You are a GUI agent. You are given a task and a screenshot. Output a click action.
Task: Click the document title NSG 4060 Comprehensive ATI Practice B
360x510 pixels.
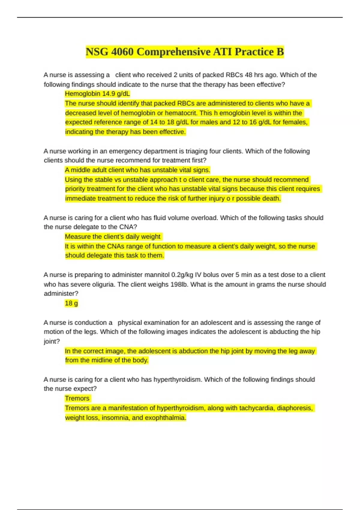184,52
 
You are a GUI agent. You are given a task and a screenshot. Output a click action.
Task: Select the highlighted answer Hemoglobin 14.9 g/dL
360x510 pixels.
97,94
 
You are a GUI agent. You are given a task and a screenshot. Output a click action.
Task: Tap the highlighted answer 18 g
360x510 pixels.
71,303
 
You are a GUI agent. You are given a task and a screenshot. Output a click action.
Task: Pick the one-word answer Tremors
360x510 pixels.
77,398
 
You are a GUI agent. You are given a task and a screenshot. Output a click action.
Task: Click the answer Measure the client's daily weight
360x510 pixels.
112,237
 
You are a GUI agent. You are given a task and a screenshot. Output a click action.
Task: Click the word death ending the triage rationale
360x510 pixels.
271,199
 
